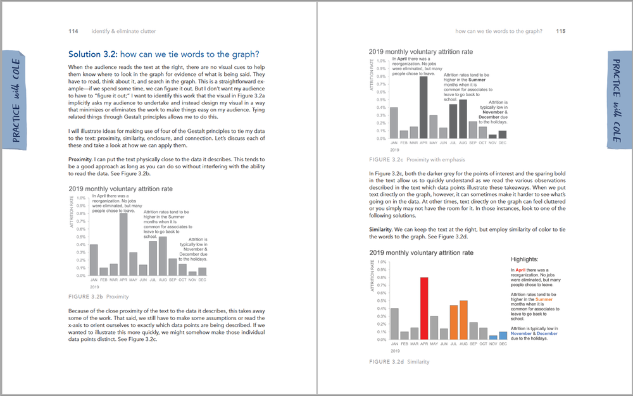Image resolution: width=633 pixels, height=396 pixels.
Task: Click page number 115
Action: coord(561,31)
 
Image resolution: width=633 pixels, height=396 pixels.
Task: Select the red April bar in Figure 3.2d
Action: coord(424,308)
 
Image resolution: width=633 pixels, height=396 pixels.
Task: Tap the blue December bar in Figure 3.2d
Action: coord(503,335)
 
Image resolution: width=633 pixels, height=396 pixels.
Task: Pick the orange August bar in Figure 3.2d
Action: coord(463,319)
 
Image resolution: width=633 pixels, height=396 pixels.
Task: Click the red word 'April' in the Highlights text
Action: coord(521,270)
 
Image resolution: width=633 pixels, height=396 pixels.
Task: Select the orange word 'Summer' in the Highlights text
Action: coord(544,300)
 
